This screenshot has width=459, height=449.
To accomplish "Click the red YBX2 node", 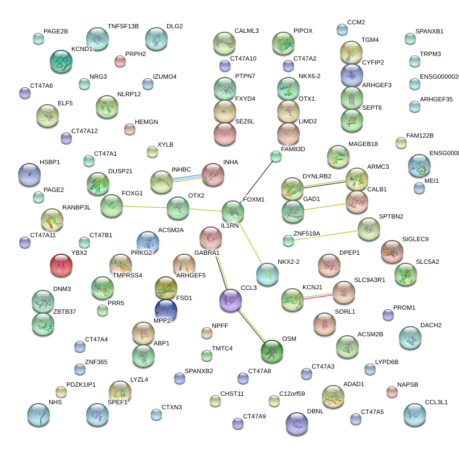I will click(x=61, y=265).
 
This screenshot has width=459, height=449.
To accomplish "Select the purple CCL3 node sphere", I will click(x=231, y=300).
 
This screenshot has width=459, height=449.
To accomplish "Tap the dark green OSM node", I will click(x=271, y=351).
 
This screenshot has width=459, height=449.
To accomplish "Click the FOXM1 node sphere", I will click(x=232, y=212).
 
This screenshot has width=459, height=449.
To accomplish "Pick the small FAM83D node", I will click(x=276, y=157).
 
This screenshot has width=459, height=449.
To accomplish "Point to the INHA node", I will click(x=213, y=174).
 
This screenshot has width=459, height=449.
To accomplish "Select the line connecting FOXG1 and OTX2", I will click(x=145, y=207).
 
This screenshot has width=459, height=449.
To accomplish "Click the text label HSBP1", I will click(x=50, y=162).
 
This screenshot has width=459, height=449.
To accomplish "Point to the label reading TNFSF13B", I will click(x=123, y=27).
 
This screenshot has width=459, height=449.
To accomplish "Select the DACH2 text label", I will click(x=431, y=326).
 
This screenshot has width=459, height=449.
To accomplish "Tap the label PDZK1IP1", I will click(x=81, y=384).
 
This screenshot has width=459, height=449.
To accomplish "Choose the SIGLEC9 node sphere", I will click(x=392, y=251).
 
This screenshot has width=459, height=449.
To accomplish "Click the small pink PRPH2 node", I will click(x=120, y=61).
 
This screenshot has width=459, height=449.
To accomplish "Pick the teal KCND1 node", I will click(x=61, y=62).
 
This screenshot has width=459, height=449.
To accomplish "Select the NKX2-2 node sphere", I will click(x=267, y=274).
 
